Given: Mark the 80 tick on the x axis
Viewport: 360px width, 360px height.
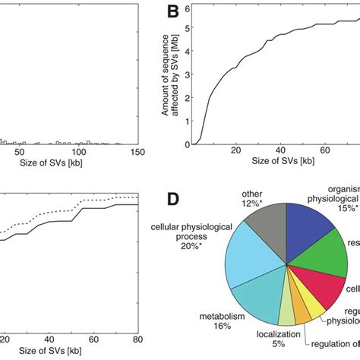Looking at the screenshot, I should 137,338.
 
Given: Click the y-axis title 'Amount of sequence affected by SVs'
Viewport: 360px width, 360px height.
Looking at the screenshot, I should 172,76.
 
